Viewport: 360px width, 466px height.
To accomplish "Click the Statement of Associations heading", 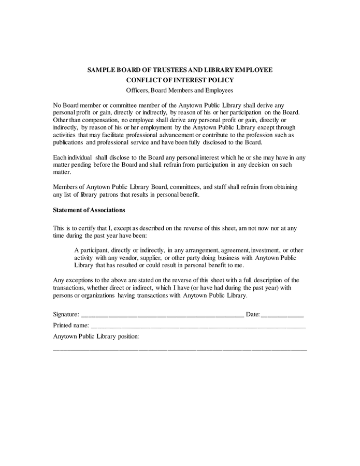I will pos(89,210).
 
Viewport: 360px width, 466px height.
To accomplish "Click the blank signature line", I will pos(162,315).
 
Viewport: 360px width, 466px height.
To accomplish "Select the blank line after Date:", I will pos(282,315).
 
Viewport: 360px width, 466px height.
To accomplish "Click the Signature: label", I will pos(66,314).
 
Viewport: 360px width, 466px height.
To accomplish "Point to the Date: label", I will pos(253,314).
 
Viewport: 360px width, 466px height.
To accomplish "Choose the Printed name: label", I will pos(71,326).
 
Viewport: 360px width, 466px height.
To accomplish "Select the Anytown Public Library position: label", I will pos(96,337).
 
